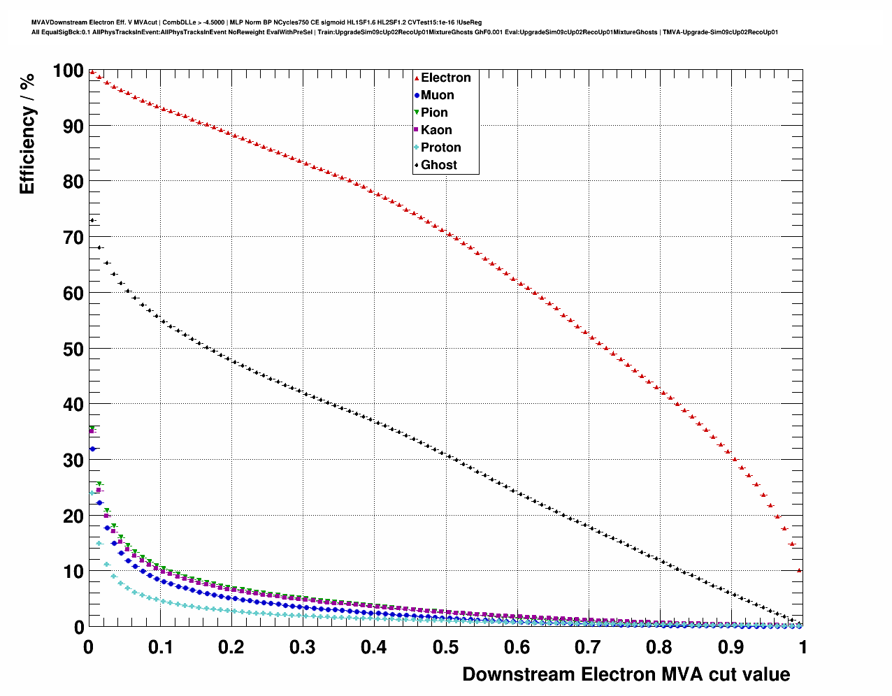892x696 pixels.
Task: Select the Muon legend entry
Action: click(437, 95)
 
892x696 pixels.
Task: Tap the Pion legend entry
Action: click(433, 113)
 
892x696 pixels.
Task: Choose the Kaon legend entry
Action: click(436, 130)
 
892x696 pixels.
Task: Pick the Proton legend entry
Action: click(440, 147)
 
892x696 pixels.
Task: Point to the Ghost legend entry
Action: click(438, 165)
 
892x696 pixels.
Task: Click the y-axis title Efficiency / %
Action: click(27, 133)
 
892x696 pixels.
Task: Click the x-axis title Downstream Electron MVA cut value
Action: click(626, 674)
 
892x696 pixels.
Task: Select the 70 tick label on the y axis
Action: click(73, 238)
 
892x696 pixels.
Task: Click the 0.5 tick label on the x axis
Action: click(445, 647)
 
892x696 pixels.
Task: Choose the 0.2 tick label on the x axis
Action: click(231, 647)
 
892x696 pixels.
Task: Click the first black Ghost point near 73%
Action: click(92, 221)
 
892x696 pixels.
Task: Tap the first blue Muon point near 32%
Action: click(92, 449)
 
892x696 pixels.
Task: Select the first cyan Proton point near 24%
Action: click(92, 493)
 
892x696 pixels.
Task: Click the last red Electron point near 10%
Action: click(799, 570)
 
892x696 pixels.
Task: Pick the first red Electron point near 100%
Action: click(92, 72)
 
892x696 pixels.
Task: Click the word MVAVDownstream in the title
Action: click(59, 22)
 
